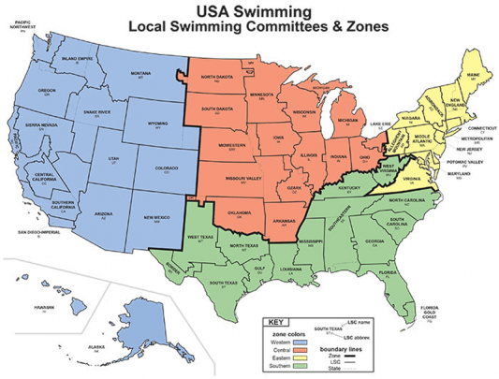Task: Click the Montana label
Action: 140,73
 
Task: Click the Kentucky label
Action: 349,188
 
